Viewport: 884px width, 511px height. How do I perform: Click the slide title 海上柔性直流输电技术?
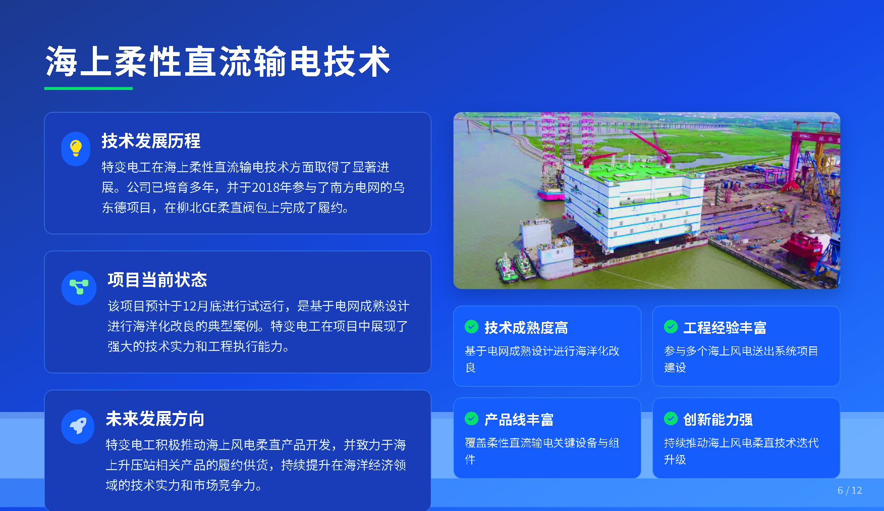tap(218, 62)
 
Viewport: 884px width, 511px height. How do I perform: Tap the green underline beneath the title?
tap(88, 88)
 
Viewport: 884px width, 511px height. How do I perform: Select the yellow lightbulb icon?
tap(76, 148)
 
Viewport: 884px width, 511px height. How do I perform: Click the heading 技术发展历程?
tap(151, 141)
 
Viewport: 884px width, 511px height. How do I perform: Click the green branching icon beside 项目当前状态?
tap(79, 287)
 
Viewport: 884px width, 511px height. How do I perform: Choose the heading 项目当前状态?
tap(157, 280)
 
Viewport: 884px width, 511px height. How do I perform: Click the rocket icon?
tap(78, 426)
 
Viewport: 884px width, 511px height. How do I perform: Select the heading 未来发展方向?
tap(155, 419)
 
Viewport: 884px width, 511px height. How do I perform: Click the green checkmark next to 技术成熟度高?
tap(471, 327)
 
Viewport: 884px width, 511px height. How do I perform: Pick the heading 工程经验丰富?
tap(725, 328)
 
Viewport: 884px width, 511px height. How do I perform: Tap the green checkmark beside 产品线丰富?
tap(471, 419)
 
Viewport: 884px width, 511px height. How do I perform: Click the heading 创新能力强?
tap(717, 420)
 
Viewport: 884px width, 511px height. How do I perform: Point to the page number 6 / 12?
tap(850, 490)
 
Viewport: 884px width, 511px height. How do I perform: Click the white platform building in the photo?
tap(633, 205)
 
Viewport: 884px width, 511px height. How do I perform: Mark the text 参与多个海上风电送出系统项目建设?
tap(741, 359)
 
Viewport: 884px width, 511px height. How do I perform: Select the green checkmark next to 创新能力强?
tap(671, 419)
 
